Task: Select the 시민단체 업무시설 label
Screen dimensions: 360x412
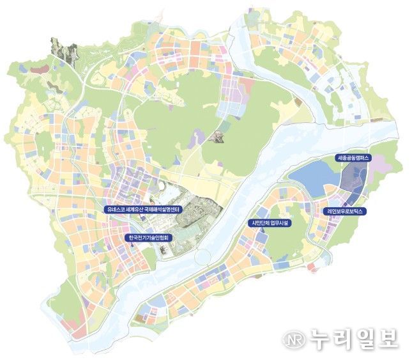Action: (268, 223)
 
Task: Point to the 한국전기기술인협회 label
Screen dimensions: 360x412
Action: (148, 237)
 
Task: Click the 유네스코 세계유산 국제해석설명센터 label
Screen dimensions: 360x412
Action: (145, 209)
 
